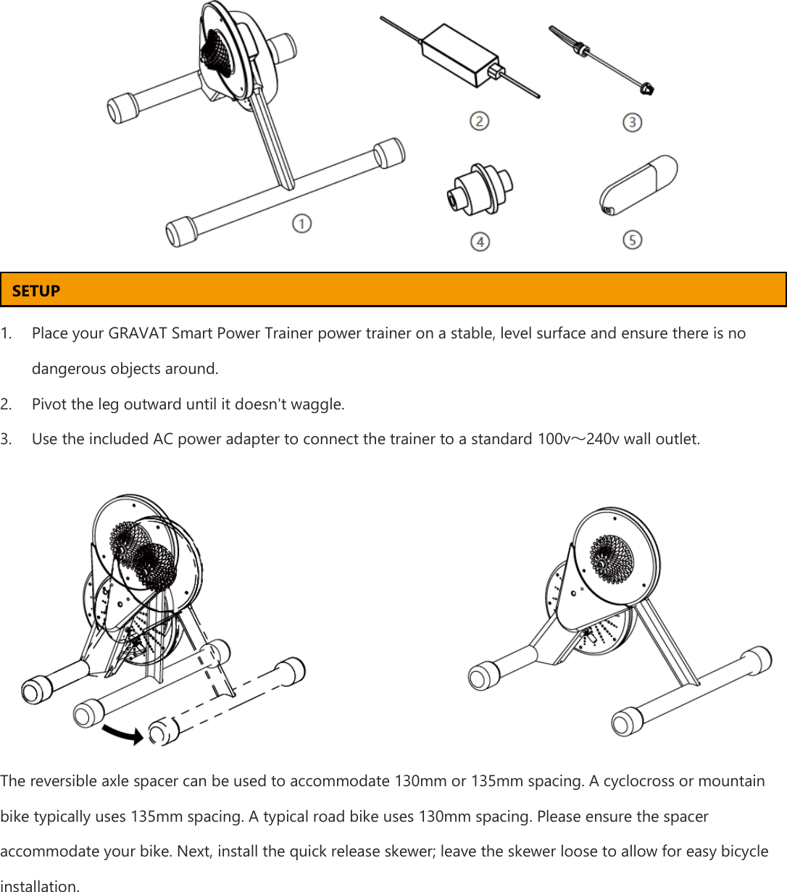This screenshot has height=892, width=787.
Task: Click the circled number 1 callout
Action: click(302, 223)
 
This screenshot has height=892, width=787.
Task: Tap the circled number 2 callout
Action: click(479, 121)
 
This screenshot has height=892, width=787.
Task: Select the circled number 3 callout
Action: click(632, 122)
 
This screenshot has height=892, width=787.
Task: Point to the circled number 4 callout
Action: click(480, 241)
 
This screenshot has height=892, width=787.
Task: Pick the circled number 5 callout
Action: click(632, 239)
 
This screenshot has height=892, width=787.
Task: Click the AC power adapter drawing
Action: click(460, 55)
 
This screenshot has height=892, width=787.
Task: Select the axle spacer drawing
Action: click(479, 188)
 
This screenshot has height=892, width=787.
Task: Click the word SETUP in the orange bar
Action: click(36, 291)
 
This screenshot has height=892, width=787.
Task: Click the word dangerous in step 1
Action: click(68, 369)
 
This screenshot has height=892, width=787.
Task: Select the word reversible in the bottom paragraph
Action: click(56, 781)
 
